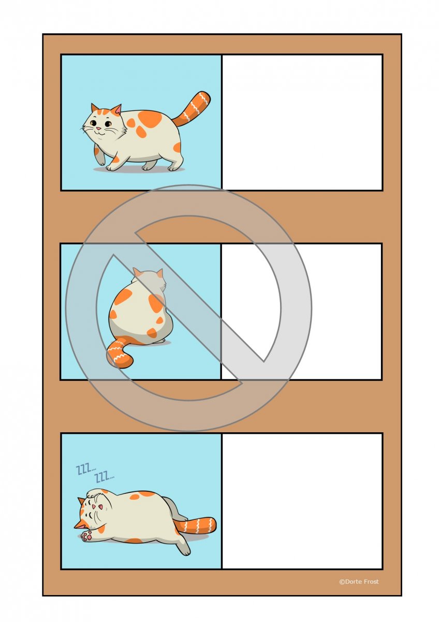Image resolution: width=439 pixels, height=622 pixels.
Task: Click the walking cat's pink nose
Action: tap(98, 129)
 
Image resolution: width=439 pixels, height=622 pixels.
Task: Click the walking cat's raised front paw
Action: tap(101, 158)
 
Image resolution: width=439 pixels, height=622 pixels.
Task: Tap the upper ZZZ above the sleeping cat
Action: tap(86, 469)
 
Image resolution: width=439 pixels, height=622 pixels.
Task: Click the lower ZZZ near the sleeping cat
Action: tap(104, 478)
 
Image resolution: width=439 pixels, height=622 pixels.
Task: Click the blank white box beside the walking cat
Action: tap(302, 122)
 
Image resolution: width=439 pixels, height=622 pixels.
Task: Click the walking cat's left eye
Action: tap(94, 122)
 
